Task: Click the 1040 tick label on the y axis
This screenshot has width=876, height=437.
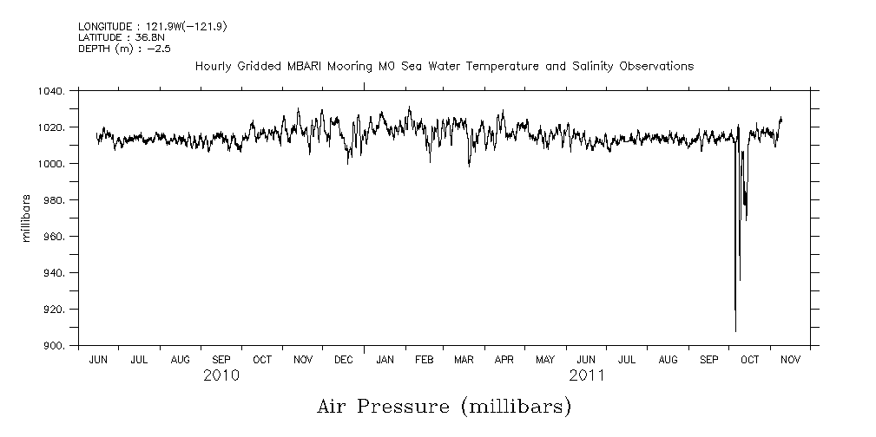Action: tap(52, 91)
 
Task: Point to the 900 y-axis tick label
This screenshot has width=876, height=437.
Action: tap(55, 346)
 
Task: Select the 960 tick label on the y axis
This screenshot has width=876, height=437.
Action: tap(55, 237)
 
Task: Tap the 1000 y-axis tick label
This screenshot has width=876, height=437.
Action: tap(52, 164)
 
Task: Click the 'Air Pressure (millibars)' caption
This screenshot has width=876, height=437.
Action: tap(444, 406)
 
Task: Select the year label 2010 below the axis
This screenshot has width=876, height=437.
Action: tap(221, 375)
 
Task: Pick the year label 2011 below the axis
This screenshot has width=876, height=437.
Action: tap(587, 375)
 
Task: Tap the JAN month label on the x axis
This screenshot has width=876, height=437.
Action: tap(384, 359)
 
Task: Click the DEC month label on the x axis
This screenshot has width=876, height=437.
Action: tap(343, 359)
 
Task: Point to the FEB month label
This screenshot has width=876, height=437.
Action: tap(424, 359)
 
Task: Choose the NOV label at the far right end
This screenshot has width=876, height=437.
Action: tap(790, 359)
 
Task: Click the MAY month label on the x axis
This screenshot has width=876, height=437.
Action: tap(545, 359)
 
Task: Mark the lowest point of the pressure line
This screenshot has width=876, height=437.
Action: tap(735, 331)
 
